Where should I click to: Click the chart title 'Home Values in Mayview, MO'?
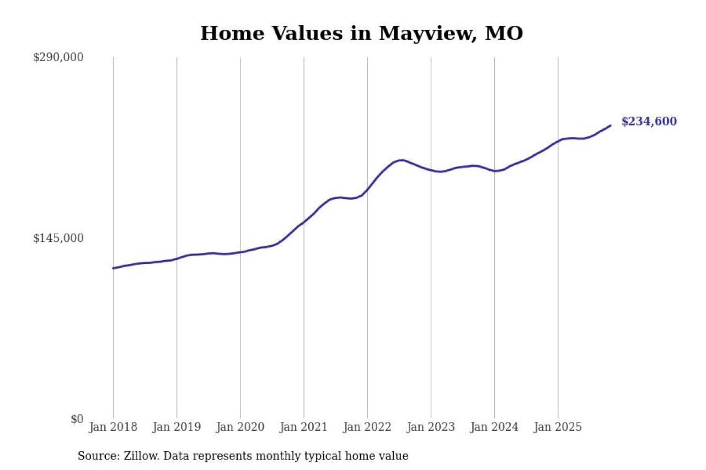pos(361,34)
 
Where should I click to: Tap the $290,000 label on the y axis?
pos(58,57)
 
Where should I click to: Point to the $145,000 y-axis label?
pos(58,238)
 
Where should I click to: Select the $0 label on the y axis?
pos(77,419)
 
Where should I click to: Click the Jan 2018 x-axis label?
pos(113,427)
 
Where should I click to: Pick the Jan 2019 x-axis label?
pos(176,427)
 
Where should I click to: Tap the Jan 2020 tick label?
pos(240,427)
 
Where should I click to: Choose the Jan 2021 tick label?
pos(303,427)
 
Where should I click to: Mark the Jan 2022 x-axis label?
pos(367,427)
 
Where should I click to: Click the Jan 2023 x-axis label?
pos(431,427)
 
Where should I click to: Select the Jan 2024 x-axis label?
pos(494,427)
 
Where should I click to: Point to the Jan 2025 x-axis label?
pos(558,427)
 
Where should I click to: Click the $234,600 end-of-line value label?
pos(649,122)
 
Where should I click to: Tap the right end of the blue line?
pos(611,126)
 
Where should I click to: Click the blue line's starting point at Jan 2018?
pos(113,268)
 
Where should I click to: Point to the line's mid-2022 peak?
pos(401,160)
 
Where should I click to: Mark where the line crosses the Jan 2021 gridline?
pos(304,222)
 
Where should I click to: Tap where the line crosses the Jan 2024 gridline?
pos(495,171)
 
